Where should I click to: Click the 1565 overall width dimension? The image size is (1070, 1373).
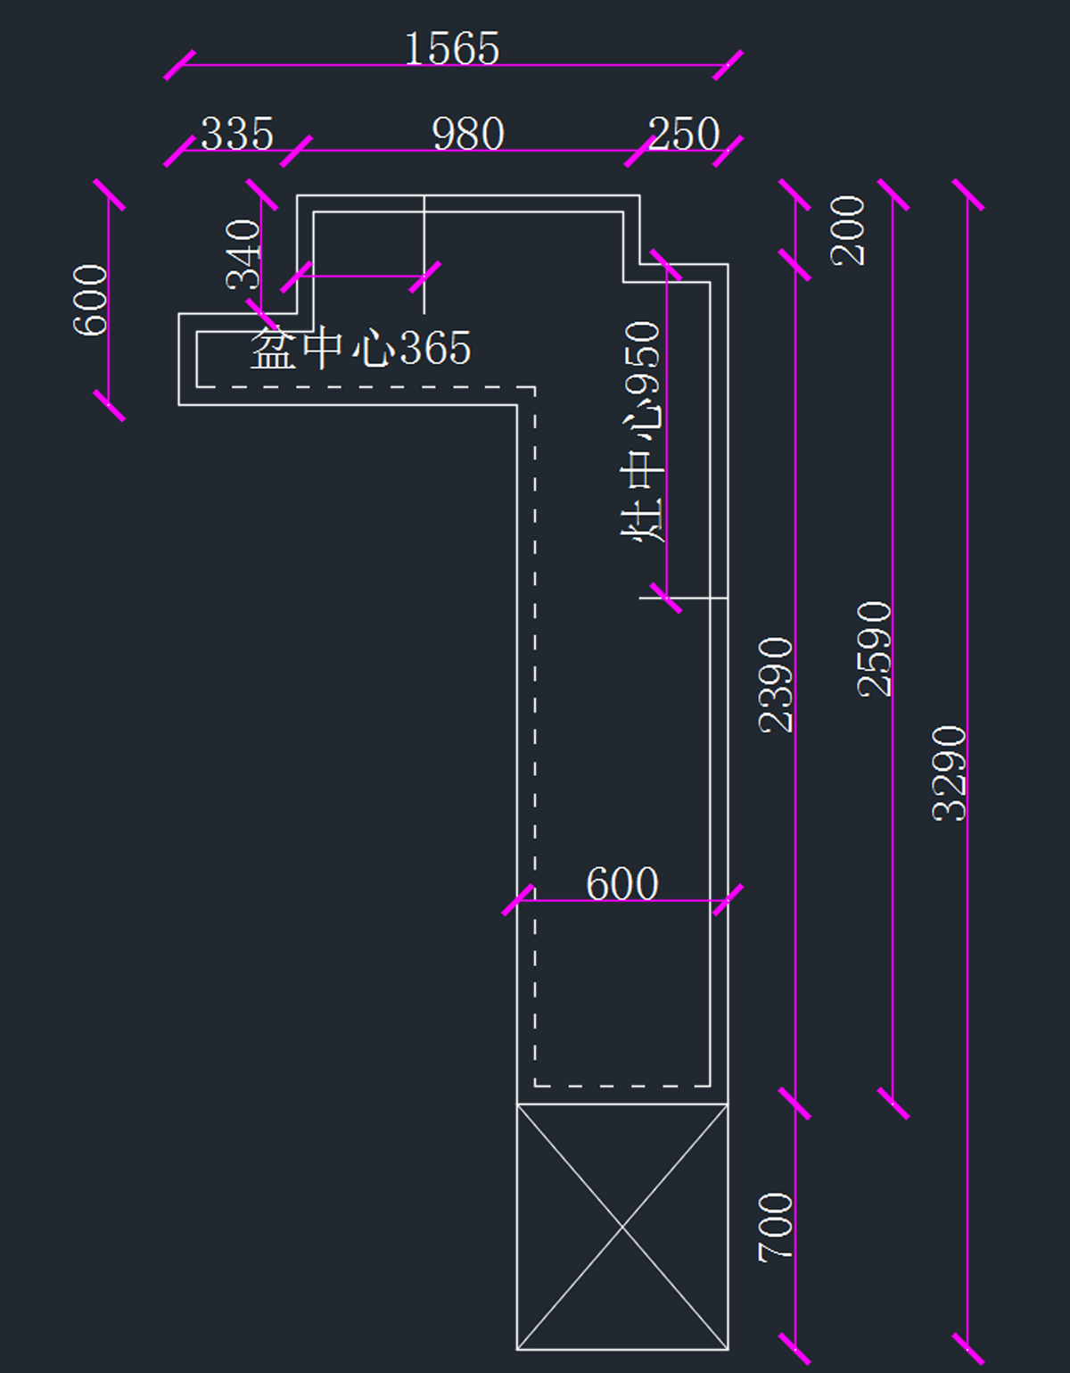pos(452,49)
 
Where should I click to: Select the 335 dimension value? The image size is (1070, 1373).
pos(237,134)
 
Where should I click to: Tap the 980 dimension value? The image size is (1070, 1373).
pos(468,134)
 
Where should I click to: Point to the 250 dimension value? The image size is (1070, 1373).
pos(684,134)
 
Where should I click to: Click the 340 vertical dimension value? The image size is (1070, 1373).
pos(243,254)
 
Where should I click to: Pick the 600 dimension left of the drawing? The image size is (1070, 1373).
pos(90,300)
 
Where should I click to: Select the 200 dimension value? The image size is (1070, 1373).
pos(848,230)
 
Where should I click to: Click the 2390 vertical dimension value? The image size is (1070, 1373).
pos(776,684)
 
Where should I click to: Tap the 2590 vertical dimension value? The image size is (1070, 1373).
pos(875,649)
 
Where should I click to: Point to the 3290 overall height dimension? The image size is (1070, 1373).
pos(950,773)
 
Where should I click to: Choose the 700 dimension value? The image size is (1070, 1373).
pos(776,1227)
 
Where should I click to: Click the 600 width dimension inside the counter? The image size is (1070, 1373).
pos(622,884)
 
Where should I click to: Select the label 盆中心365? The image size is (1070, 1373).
pos(360,348)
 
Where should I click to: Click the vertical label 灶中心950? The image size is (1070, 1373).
pos(643,432)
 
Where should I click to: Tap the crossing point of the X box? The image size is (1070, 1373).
pos(622,1228)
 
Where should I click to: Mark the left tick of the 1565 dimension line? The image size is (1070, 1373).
pos(180,65)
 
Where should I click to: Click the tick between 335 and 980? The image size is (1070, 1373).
pos(296,151)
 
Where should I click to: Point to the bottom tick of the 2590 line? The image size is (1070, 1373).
pos(893,1104)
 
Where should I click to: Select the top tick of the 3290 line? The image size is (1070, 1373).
pos(968,195)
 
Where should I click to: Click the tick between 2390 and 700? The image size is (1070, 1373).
pos(794,1104)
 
